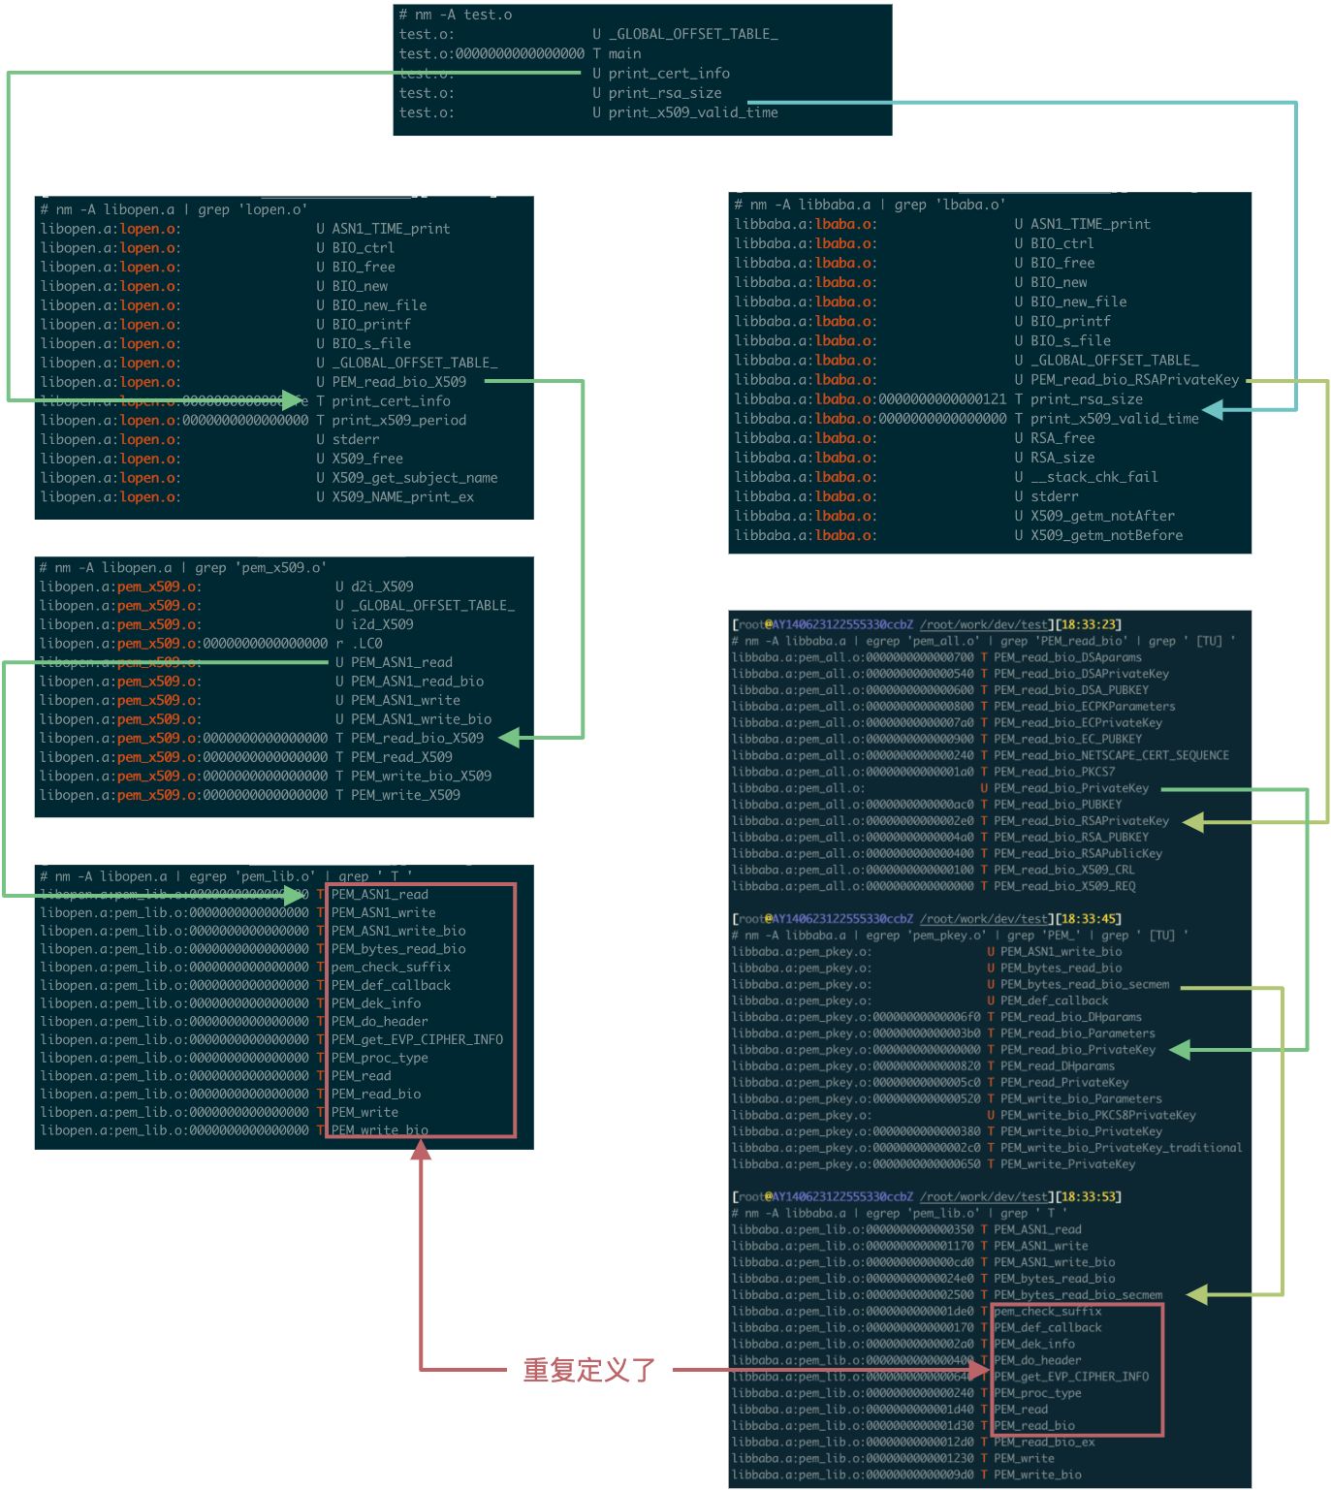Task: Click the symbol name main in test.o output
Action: click(x=624, y=54)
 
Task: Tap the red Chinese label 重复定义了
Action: click(x=589, y=1370)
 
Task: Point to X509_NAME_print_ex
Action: click(x=402, y=497)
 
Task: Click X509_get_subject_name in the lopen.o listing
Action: click(x=414, y=478)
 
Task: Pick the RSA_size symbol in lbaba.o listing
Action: click(x=1062, y=458)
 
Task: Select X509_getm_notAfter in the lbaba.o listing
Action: click(x=1102, y=516)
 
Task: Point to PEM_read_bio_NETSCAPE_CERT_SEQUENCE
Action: click(x=1111, y=755)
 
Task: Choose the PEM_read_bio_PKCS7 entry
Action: click(x=1054, y=772)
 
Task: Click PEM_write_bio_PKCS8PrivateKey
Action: click(x=1097, y=1115)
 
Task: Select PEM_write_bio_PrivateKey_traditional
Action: click(x=1121, y=1148)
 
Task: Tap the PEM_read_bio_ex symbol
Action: click(x=1044, y=1442)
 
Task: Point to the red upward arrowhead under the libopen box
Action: click(x=421, y=1150)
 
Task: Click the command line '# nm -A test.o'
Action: click(x=456, y=16)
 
